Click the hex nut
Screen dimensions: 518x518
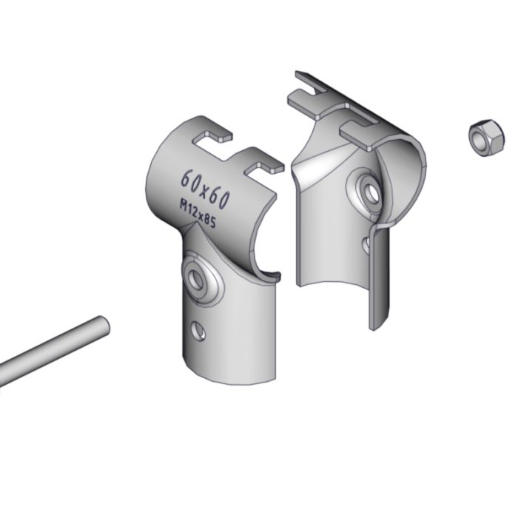point(486,138)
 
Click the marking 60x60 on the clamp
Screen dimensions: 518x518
point(205,189)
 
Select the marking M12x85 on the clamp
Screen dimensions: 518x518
point(198,213)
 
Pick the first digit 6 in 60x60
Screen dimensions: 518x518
point(186,178)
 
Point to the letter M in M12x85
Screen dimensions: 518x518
point(183,204)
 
